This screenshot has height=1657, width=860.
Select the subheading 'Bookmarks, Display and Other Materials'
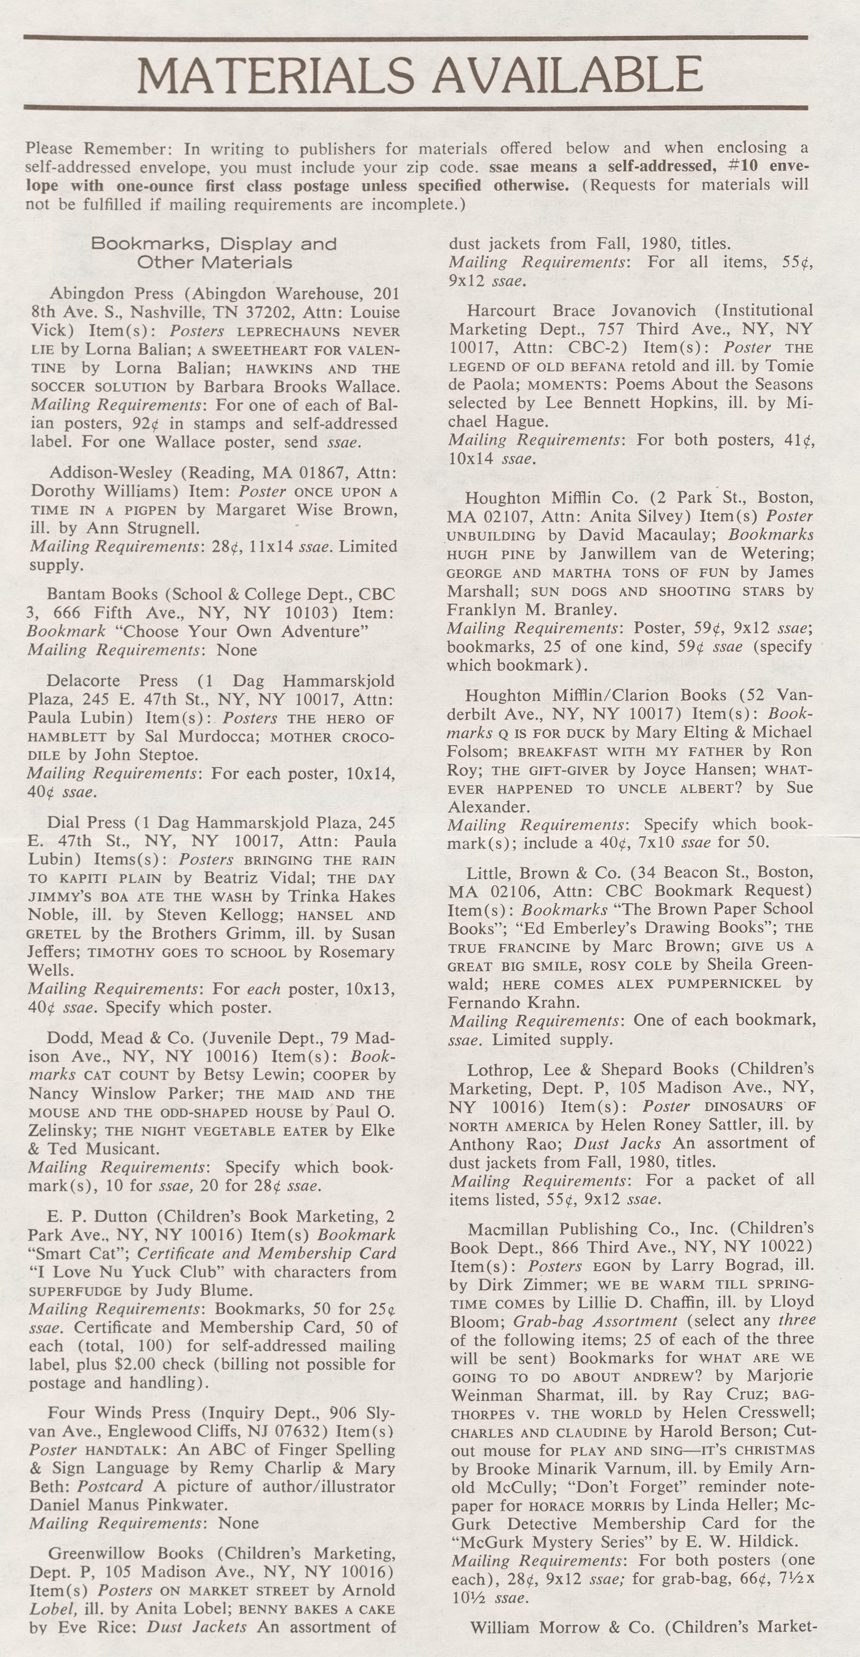pyautogui.click(x=214, y=253)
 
